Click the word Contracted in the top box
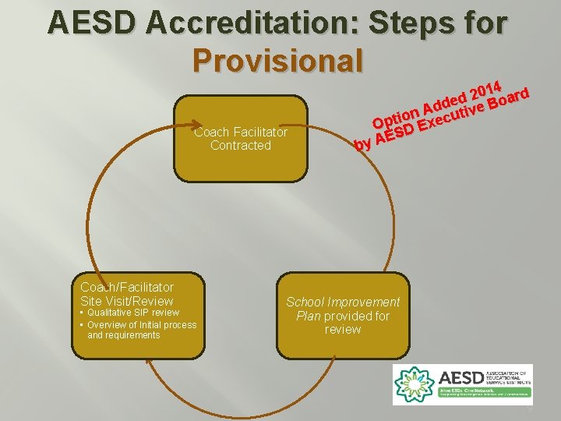point(241,146)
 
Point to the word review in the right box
point(343,330)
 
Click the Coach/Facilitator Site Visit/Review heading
point(127,294)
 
